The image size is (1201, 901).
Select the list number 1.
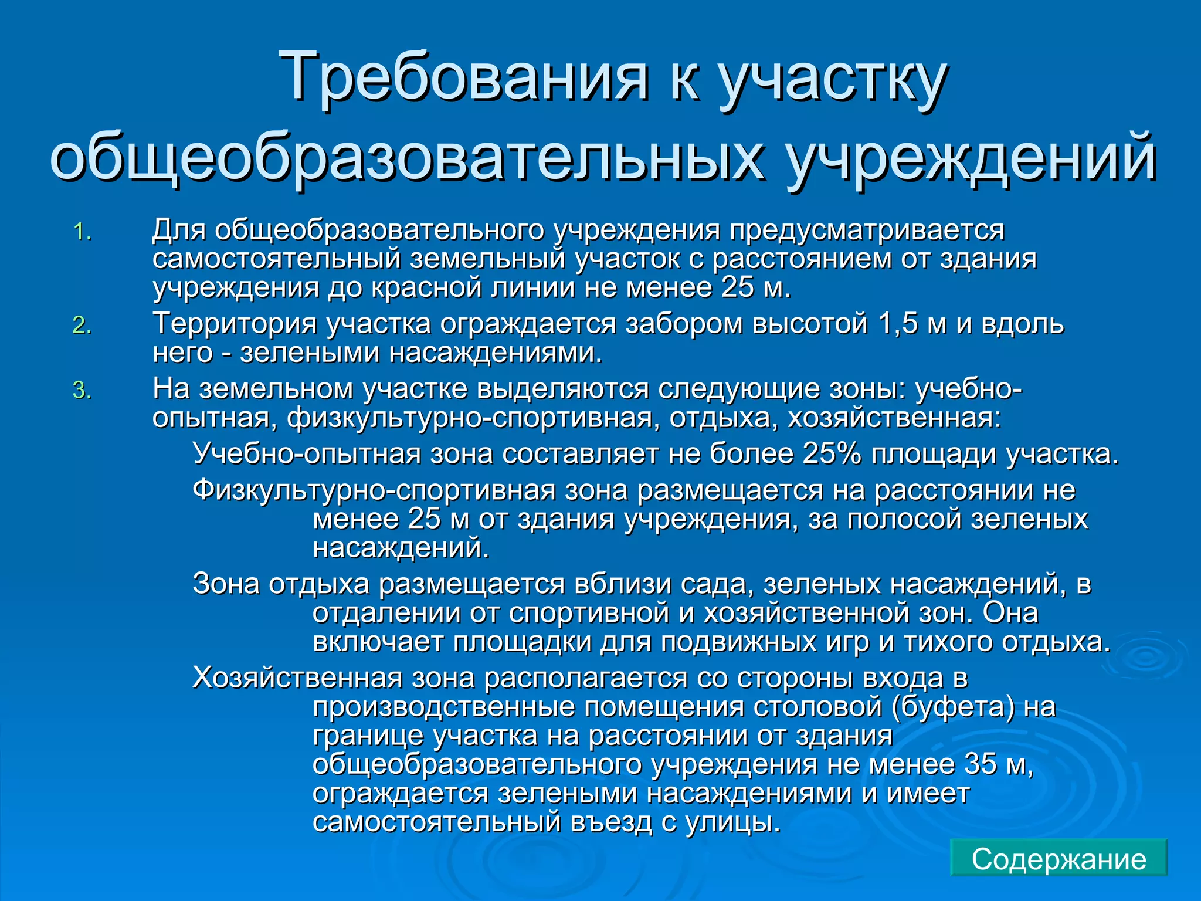point(82,232)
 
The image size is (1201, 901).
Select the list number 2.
point(82,326)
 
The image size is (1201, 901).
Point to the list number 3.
point(82,391)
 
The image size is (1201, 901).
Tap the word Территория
point(235,324)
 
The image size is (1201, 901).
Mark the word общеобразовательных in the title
point(408,157)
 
